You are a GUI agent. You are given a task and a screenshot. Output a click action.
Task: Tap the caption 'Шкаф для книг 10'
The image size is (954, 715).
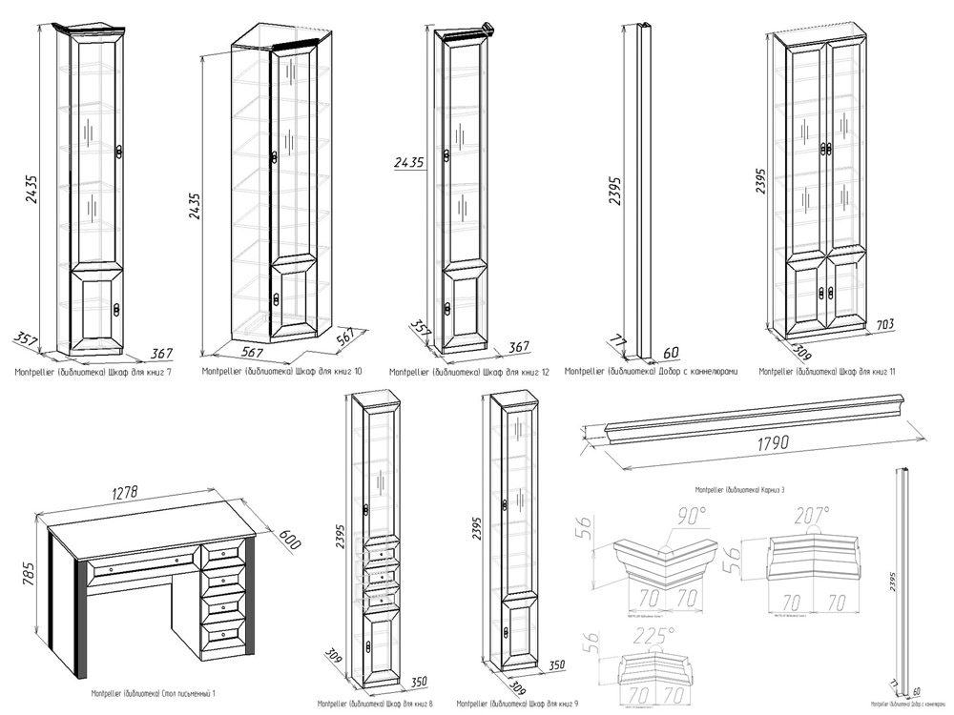coord(281,370)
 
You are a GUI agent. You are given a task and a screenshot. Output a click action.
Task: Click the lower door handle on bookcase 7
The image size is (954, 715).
coord(117,308)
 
